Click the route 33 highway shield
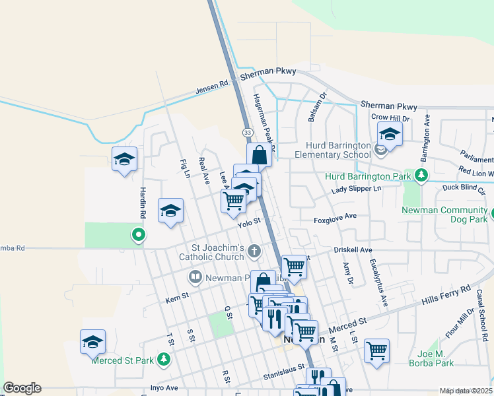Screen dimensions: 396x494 247,132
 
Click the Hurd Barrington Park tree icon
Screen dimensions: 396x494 420,176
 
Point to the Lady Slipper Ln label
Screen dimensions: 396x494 356,189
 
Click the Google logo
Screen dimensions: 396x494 22,388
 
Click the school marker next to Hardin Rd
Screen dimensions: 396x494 124,159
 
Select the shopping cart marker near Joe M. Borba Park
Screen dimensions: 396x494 376,350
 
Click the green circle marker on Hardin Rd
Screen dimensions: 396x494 138,234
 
